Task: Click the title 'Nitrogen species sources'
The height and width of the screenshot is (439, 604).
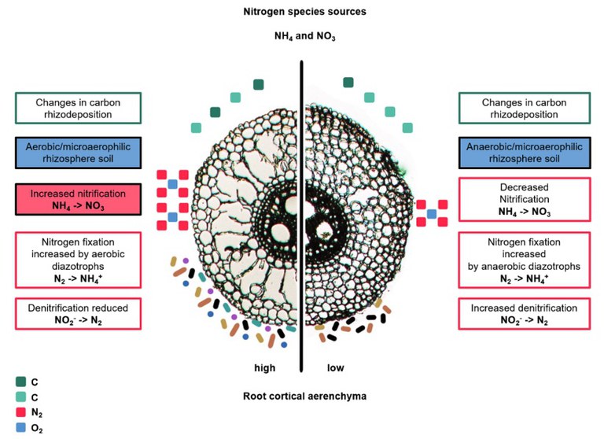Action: click(x=304, y=12)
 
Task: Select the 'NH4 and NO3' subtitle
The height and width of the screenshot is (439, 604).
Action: click(x=304, y=36)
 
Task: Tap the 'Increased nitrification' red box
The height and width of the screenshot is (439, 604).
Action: click(x=78, y=199)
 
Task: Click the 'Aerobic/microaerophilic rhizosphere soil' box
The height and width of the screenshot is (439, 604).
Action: click(x=78, y=153)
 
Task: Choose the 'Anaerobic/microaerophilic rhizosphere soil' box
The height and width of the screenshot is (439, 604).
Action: click(x=525, y=153)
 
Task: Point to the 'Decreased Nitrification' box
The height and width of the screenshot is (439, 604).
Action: click(x=525, y=199)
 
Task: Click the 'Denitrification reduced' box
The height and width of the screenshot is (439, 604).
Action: click(x=78, y=314)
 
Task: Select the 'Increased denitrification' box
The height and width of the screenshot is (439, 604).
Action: click(x=525, y=314)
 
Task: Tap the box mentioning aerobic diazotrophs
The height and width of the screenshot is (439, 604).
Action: click(x=78, y=260)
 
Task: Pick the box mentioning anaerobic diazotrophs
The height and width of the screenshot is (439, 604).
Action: click(x=525, y=260)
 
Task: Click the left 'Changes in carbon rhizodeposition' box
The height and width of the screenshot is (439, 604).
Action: click(x=78, y=109)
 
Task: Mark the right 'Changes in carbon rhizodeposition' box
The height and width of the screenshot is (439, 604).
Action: click(x=525, y=109)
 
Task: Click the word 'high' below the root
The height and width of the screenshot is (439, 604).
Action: click(x=265, y=367)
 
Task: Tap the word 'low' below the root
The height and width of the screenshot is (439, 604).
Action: click(x=336, y=367)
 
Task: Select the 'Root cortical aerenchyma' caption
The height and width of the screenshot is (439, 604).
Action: click(x=304, y=397)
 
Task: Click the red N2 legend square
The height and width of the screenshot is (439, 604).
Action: click(x=20, y=412)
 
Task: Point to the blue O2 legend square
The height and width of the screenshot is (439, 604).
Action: click(x=20, y=427)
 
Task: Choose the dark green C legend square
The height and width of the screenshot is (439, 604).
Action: click(x=20, y=382)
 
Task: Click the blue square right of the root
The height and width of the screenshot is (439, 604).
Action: click(x=432, y=213)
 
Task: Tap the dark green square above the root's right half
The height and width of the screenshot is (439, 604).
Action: click(x=348, y=83)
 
